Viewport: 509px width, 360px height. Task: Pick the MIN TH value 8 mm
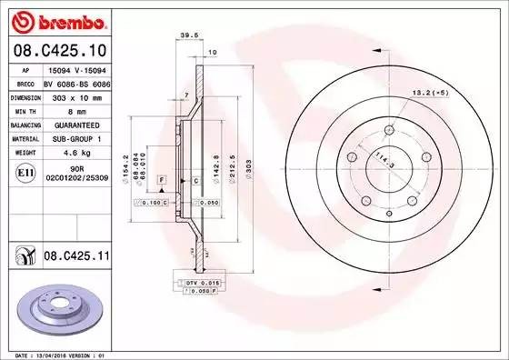click(x=61, y=110)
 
